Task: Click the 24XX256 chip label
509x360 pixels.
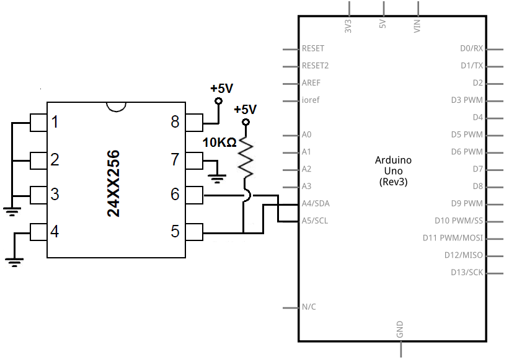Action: point(113,183)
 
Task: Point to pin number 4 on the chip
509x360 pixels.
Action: point(55,232)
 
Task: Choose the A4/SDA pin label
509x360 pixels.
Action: point(316,203)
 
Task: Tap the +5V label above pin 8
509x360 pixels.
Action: point(221,89)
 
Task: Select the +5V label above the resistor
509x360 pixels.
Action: point(245,110)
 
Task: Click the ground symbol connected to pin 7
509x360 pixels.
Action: point(217,179)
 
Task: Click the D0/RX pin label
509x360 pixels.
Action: point(471,48)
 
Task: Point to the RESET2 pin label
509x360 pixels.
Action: point(315,66)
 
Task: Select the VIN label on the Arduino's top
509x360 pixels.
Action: point(417,26)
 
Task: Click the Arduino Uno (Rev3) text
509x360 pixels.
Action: point(393,171)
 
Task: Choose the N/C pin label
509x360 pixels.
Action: point(309,307)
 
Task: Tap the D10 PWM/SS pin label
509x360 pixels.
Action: point(458,221)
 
